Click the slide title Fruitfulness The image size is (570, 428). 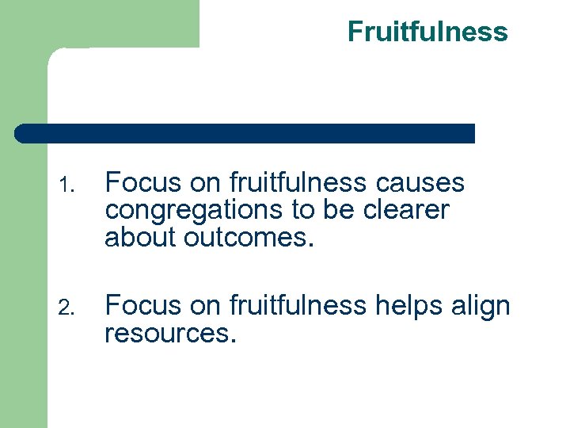click(427, 32)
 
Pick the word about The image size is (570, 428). click(139, 236)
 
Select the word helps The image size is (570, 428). click(406, 305)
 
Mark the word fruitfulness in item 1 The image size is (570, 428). click(298, 183)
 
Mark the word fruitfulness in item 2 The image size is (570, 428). click(298, 305)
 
